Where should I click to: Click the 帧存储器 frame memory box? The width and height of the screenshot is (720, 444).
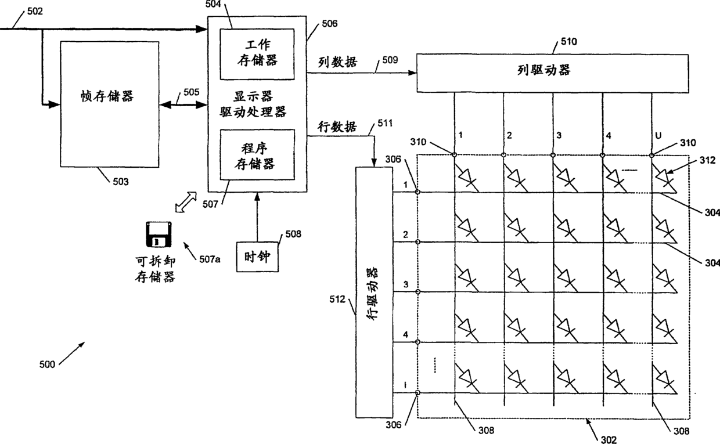point(110,105)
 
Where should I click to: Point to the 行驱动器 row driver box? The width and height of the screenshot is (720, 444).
point(372,292)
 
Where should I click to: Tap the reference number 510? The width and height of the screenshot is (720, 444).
point(568,42)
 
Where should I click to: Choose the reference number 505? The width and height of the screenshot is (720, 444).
point(191,92)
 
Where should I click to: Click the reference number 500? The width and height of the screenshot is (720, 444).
point(48,364)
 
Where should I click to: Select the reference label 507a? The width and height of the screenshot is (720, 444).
point(210,259)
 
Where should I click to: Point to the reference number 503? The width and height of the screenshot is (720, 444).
point(120,182)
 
